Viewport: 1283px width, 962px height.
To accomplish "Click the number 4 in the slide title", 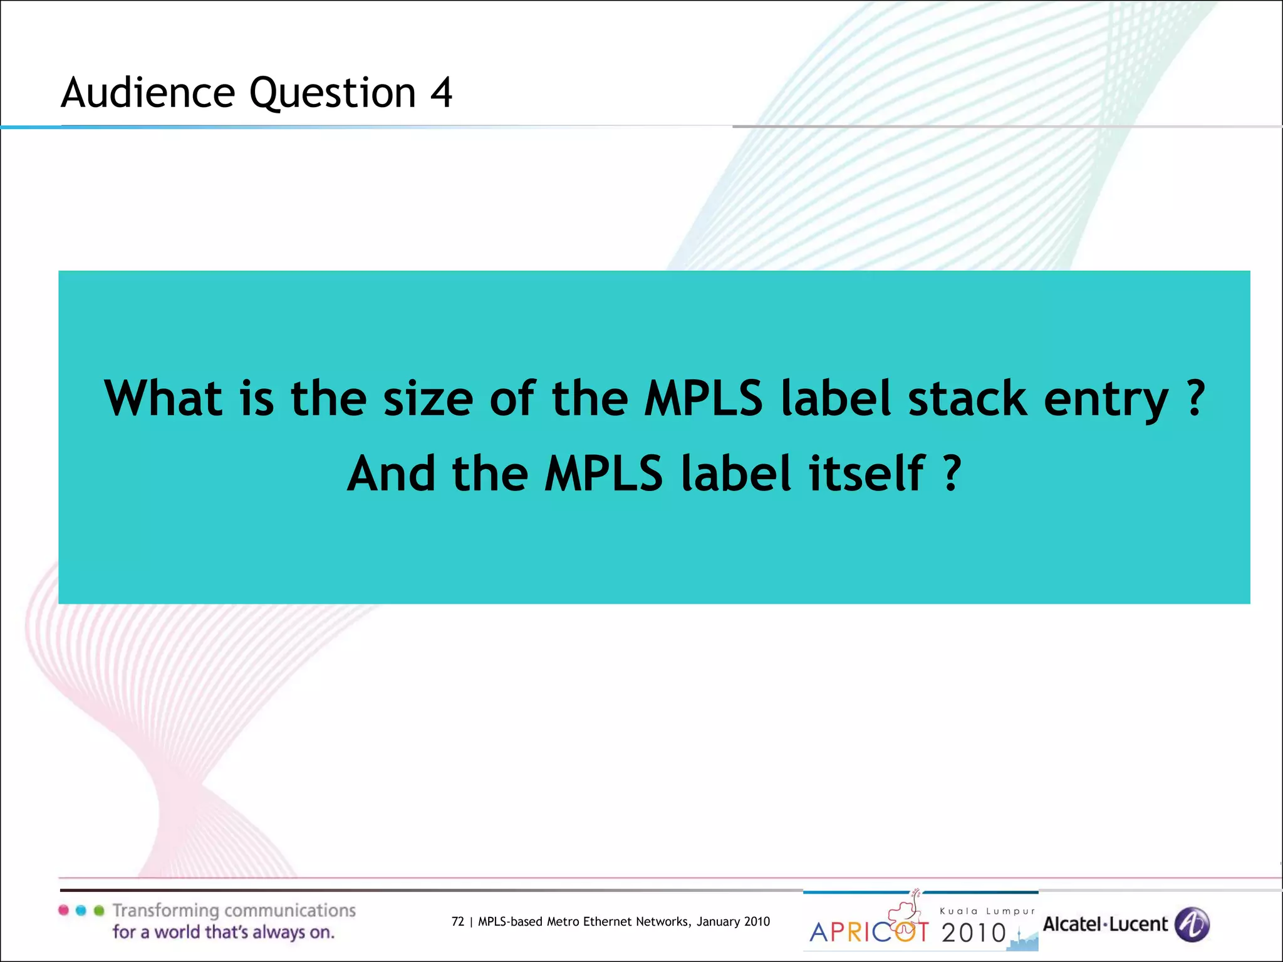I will (441, 93).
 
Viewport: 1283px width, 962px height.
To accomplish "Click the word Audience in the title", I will (148, 93).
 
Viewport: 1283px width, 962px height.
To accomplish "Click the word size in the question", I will (428, 398).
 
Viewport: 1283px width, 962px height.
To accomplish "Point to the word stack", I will (967, 398).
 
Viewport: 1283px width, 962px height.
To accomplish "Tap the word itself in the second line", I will (866, 473).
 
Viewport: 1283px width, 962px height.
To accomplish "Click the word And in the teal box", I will (391, 473).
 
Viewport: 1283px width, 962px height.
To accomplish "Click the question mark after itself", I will (952, 473).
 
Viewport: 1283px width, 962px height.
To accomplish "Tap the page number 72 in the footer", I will (458, 921).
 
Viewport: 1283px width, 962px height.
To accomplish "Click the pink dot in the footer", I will (63, 910).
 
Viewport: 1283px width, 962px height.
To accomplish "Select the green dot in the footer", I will (98, 910).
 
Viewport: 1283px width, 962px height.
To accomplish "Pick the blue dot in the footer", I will (81, 910).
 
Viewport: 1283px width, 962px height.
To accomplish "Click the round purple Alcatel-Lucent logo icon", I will (1192, 924).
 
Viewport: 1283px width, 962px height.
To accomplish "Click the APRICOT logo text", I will (869, 931).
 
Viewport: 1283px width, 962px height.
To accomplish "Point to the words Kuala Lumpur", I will (987, 911).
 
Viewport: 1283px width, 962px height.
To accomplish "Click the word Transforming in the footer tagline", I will (166, 911).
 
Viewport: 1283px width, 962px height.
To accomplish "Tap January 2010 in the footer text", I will (733, 921).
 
